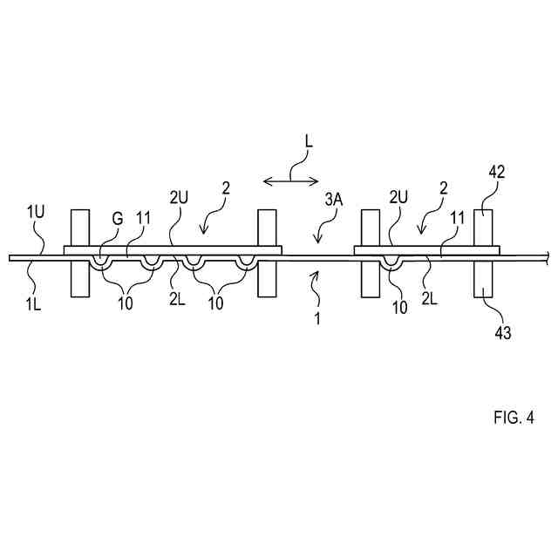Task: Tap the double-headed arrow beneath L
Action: [x=290, y=180]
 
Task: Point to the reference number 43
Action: [x=502, y=332]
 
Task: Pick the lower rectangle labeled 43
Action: [x=484, y=278]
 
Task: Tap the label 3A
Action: [x=335, y=201]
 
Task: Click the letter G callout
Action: [x=116, y=219]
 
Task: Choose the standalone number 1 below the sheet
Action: [x=317, y=319]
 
